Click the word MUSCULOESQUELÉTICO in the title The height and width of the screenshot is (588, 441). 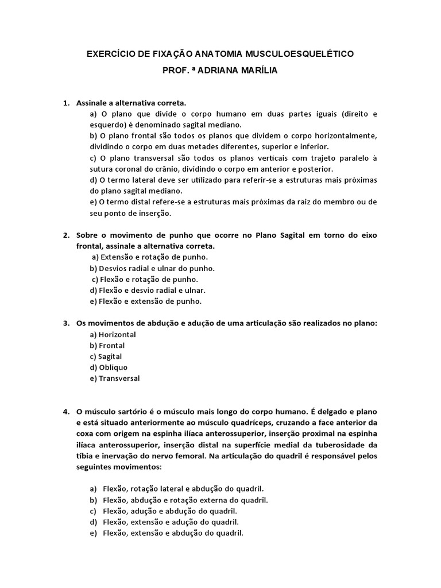point(300,54)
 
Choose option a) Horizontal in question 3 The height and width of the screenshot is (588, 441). point(113,334)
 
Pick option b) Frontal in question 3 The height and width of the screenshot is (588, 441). point(107,346)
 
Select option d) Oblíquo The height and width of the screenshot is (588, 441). point(109,367)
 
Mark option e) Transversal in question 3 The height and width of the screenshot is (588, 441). point(114,378)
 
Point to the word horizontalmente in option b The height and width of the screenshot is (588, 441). point(347,136)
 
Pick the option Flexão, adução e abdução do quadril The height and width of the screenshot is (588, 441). point(169,510)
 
